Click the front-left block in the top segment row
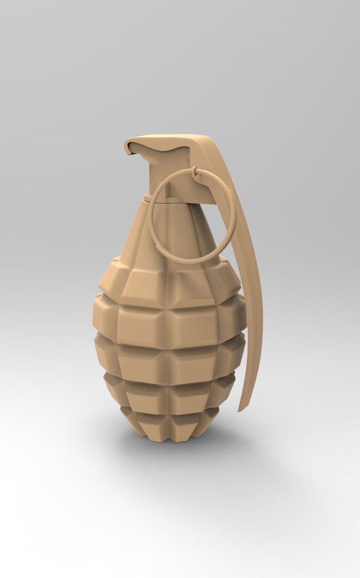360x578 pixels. click(x=144, y=284)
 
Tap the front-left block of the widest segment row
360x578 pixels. click(x=142, y=324)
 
